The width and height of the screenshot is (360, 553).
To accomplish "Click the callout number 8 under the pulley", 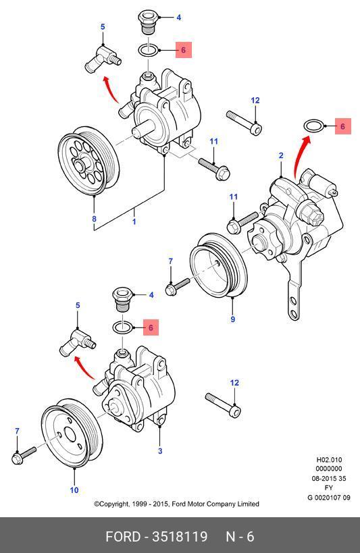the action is point(94,219).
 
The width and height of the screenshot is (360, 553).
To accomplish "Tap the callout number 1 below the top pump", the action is point(134,222).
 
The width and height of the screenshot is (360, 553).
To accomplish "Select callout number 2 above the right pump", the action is point(281,155).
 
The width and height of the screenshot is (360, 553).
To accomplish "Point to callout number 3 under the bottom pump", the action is point(160,451).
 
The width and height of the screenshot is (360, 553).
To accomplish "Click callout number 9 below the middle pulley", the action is point(232,319).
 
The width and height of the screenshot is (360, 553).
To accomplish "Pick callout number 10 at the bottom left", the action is point(74,490).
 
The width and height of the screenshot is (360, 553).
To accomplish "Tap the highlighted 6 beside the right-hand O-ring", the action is point(342,126).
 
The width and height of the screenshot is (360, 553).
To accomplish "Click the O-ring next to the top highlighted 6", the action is point(149,50).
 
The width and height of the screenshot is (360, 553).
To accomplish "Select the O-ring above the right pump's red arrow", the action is point(313,126).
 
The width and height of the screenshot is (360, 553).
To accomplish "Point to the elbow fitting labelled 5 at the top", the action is point(103,59).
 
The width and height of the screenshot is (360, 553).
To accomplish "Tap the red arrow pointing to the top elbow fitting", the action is point(111,89).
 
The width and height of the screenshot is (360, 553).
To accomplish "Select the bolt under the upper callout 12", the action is point(244,123).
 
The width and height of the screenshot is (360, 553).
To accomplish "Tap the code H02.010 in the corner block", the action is point(329,460).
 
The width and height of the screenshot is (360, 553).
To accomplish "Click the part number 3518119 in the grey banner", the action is point(180,536).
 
